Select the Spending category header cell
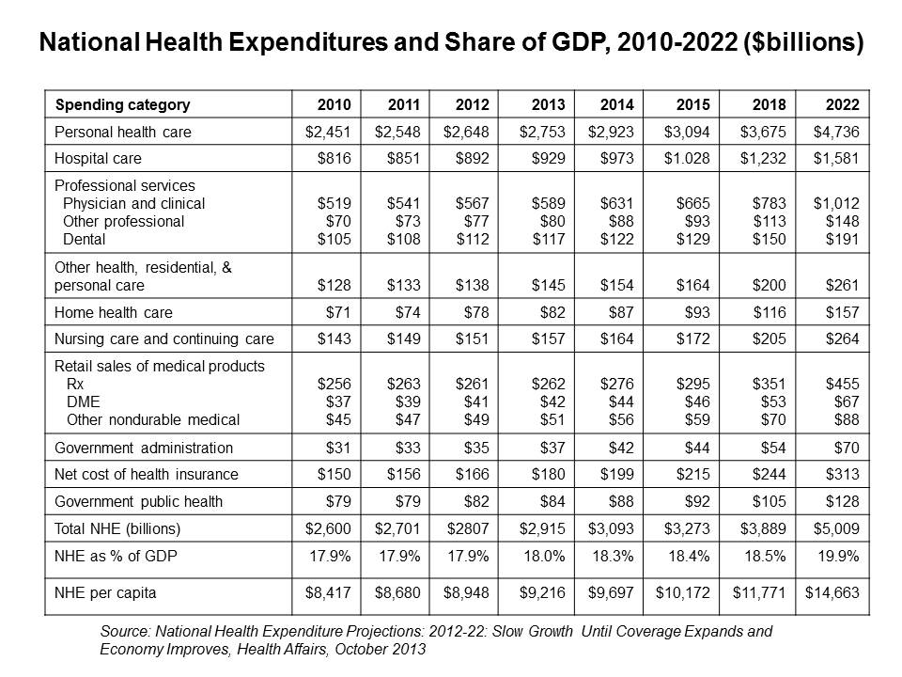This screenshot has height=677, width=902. coord(122,104)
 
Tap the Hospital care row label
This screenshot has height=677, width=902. coord(99,159)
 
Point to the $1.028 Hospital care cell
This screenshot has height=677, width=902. coord(692,159)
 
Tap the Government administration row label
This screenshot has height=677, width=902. coord(144,448)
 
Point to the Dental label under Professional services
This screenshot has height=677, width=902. coord(83,239)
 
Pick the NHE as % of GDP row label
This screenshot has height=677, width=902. coord(116,556)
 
